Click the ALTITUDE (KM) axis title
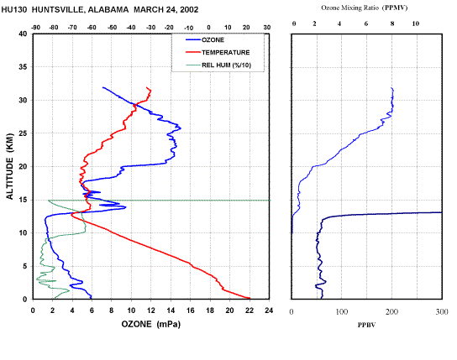10,166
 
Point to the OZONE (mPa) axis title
151,324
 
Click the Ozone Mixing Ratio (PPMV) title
364,8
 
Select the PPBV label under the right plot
366,325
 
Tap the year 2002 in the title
189,9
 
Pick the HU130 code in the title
14,9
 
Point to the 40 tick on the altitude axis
23,34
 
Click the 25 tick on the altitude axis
23,133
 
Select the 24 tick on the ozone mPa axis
269,310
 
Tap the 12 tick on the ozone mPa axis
150,310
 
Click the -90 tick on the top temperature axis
35,28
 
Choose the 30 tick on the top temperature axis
267,28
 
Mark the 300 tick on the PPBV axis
442,311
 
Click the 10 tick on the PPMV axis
416,23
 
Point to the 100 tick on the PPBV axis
342,311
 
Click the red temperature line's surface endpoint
250,298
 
